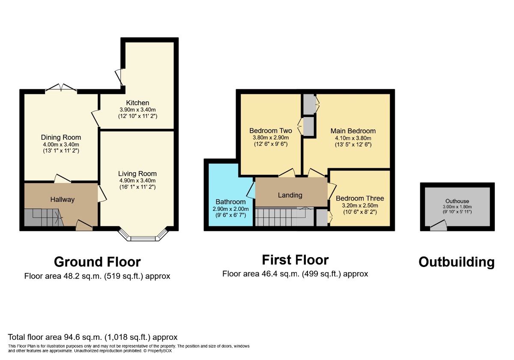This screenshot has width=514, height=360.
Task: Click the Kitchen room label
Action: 137,103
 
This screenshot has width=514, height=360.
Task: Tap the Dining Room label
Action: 61,138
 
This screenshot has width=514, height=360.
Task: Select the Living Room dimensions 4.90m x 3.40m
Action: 137,180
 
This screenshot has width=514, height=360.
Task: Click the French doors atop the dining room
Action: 61,88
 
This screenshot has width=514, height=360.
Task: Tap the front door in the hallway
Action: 84,225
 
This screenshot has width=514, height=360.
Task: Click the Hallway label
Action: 63,199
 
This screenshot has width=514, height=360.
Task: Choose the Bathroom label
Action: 230,201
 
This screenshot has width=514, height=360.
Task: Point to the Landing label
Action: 290,195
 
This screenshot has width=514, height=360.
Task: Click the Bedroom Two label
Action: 271,131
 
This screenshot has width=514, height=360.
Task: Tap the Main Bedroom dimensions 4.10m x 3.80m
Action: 353,138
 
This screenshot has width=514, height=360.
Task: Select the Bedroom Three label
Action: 360,198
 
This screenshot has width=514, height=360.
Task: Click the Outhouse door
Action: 438,225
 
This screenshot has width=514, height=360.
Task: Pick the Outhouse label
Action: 457,201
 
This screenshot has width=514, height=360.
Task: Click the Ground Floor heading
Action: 97,261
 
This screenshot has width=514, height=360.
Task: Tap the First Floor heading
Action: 295,260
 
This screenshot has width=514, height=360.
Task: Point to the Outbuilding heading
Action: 456,262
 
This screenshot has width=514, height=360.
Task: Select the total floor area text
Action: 93,337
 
